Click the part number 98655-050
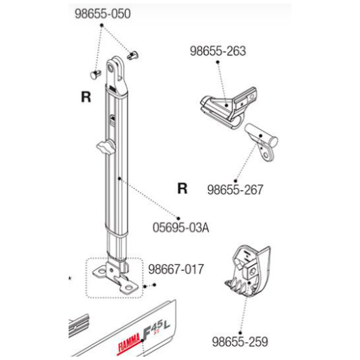tap(103, 14)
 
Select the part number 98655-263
tap(218, 51)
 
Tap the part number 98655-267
tap(235, 190)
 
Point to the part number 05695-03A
tap(181, 228)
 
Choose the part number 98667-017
tap(176, 269)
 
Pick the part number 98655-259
tap(240, 342)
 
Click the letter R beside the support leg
tap(86, 97)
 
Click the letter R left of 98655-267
tap(183, 188)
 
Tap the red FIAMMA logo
tap(129, 342)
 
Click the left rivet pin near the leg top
tap(96, 74)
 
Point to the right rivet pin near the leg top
tap(133, 56)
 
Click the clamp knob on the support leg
tap(105, 147)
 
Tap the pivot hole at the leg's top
tap(111, 68)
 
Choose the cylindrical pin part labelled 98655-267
tap(262, 142)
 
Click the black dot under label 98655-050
tap(102, 25)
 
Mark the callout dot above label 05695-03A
tap(179, 218)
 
